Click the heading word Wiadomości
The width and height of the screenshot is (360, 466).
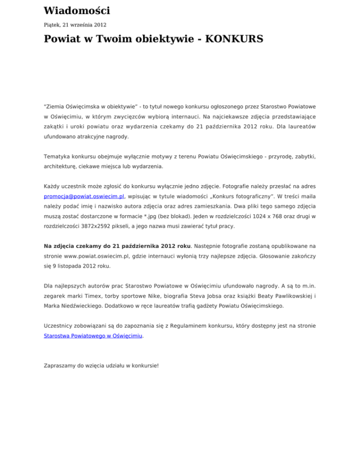[x=76, y=10]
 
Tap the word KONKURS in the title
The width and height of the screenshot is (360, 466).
[x=229, y=39]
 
